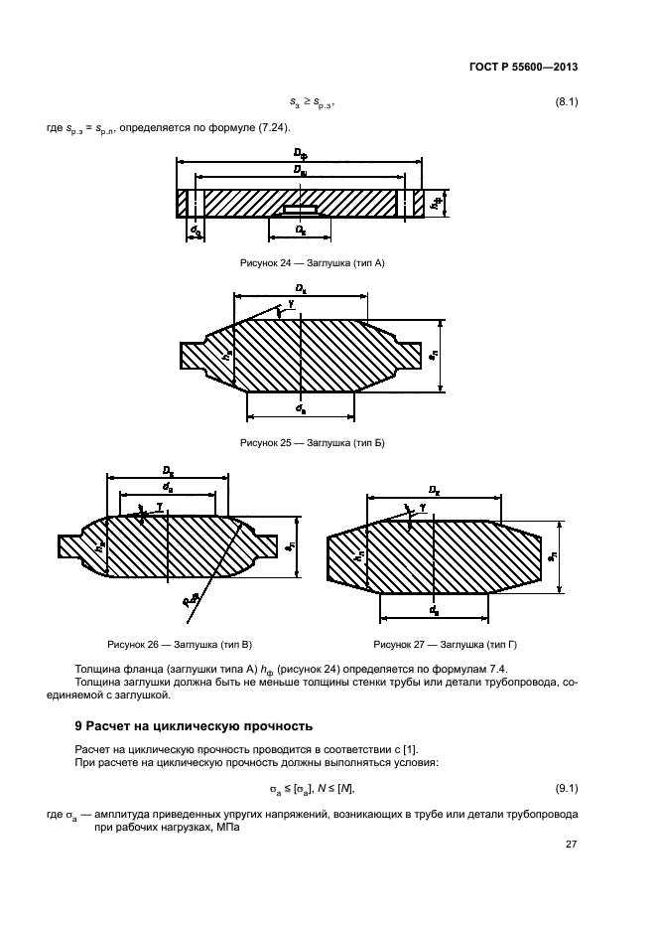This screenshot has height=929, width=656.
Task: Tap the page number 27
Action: (x=571, y=845)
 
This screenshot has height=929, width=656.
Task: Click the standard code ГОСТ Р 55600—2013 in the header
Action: (x=523, y=68)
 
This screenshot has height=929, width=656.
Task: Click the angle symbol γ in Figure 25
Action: (x=290, y=304)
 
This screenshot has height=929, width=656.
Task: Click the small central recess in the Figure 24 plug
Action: (x=300, y=210)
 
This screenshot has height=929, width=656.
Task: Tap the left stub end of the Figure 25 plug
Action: (x=193, y=355)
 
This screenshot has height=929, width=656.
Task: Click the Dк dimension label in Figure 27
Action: (x=434, y=489)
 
